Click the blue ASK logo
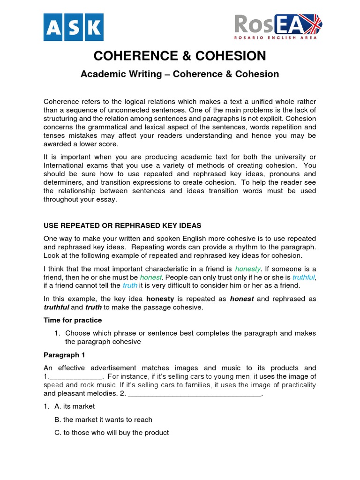73,27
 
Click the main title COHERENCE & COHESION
180,56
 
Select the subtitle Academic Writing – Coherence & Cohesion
180,74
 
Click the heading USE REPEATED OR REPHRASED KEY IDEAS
122,226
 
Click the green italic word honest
150,277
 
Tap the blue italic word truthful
304,277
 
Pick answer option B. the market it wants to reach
103,420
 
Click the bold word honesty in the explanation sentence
160,299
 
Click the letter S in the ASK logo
73,27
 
